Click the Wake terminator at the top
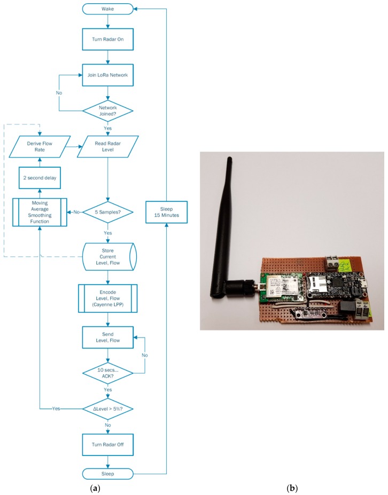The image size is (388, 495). coord(108,9)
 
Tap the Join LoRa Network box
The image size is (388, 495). coord(108,75)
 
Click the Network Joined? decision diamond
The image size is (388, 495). coord(108,109)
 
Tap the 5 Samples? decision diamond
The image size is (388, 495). coord(108,212)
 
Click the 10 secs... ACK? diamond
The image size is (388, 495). coord(108,372)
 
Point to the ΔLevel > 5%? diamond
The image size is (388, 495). coord(108,408)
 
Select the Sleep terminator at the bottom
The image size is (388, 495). coord(108,473)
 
